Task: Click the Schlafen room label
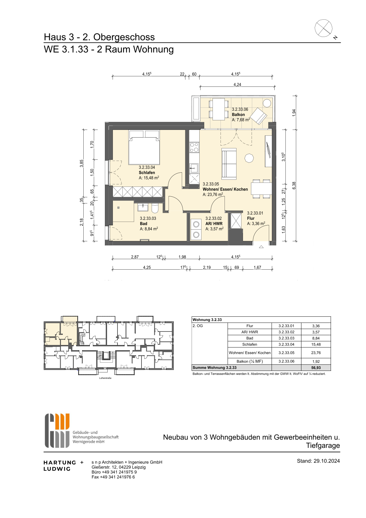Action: (147, 172)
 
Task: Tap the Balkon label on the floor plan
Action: (238, 114)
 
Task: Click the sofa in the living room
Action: (229, 164)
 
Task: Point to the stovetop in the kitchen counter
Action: (194, 147)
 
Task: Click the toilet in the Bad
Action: (155, 208)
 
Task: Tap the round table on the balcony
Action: (267, 103)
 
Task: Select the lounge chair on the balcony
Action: (259, 116)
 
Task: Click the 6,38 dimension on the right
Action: (294, 186)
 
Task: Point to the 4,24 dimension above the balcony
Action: (237, 85)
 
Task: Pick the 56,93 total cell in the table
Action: (316, 367)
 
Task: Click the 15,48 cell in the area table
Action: (316, 344)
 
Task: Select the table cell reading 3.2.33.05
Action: (286, 353)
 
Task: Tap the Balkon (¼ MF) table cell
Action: (249, 361)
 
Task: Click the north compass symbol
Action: (324, 28)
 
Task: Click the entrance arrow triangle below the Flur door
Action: (261, 247)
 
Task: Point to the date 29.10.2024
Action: (327, 465)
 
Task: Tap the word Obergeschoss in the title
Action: (124, 37)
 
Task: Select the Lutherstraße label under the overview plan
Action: (105, 378)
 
